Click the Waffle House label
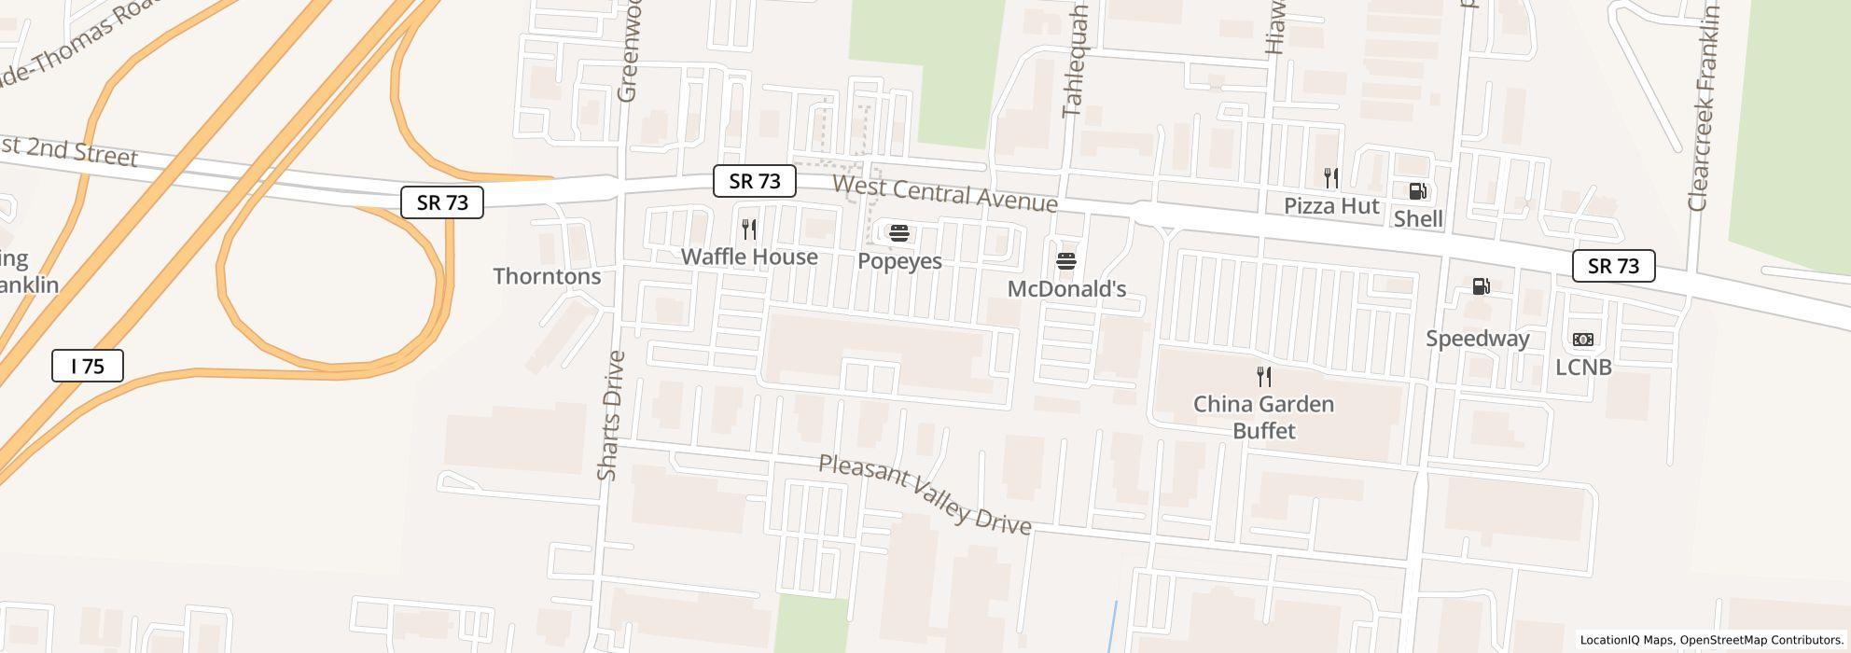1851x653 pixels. [749, 257]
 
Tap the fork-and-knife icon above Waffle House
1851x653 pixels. [749, 229]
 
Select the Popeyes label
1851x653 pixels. [899, 261]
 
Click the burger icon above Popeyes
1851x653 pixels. [899, 233]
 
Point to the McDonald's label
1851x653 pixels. [1066, 289]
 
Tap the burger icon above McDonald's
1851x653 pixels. [1066, 261]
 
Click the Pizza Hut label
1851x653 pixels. [1331, 206]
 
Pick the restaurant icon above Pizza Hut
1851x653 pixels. [1331, 177]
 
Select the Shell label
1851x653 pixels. [1418, 219]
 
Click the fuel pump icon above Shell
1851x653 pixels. [1417, 191]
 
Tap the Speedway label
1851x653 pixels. [1478, 339]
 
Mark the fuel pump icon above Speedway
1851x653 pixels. [1481, 286]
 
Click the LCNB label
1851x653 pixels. [1583, 368]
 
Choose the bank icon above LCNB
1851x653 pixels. [1583, 340]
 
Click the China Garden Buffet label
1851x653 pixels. [1264, 417]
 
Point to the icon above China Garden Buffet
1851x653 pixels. [1264, 377]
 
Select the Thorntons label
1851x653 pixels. [547, 276]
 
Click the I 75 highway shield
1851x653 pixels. [88, 366]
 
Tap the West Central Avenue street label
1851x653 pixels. [944, 193]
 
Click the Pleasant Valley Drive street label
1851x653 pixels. [925, 495]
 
